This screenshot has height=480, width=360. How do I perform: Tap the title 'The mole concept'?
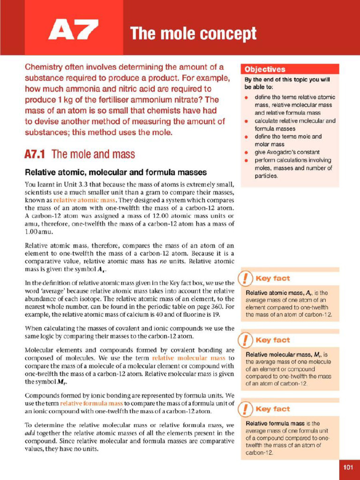193,34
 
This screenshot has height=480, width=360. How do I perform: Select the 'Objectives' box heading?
264,69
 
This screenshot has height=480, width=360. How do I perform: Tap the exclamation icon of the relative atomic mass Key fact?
245,278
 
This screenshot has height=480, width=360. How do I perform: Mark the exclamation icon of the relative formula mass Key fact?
245,409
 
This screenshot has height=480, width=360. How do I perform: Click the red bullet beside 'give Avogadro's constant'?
247,152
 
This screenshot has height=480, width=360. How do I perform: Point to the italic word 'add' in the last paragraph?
30,433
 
